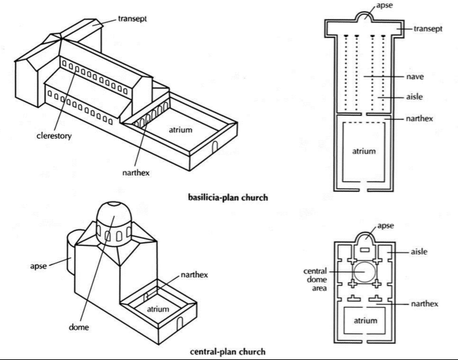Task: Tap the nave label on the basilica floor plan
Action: click(x=415, y=77)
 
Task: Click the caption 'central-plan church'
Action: click(x=227, y=351)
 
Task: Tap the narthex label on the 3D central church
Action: click(x=195, y=275)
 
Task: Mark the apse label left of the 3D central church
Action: click(x=39, y=267)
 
